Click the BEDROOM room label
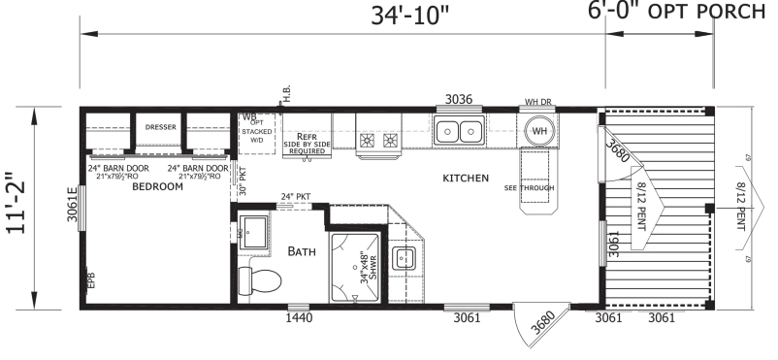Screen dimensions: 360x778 tap(157, 186)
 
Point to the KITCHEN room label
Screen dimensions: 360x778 tap(466, 179)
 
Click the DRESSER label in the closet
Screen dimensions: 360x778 tap(160, 127)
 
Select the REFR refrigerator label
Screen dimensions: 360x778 tap(308, 137)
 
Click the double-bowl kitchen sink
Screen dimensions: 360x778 tap(459, 130)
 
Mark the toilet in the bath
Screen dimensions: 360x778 tap(261, 281)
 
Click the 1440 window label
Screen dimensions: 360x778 tap(299, 318)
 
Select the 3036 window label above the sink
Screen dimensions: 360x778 tap(459, 99)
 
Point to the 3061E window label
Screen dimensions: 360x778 tap(72, 206)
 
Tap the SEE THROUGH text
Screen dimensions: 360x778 tap(525, 187)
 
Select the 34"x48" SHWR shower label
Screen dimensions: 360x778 tap(367, 268)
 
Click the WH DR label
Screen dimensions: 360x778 tap(538, 101)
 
